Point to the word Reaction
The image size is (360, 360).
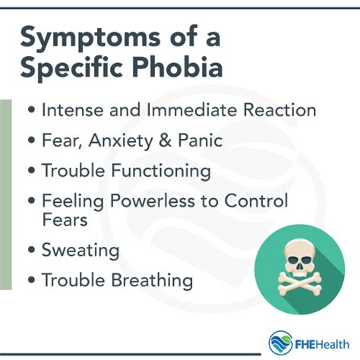coord(279,110)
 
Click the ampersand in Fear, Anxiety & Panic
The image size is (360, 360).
coord(165,141)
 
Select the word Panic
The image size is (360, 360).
coord(201,141)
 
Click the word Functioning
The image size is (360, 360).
coord(161,171)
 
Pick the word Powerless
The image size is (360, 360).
coord(153,201)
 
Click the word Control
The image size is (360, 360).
coord(256,201)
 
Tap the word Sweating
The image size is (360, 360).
coord(81,251)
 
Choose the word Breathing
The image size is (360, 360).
coord(153,280)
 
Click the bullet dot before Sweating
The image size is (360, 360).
coord(31,250)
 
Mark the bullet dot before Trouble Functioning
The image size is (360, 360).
coord(31,170)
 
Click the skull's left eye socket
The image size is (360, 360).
coord(294,260)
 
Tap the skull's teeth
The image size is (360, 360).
coord(300,275)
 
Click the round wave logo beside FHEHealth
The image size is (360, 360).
coord(280,343)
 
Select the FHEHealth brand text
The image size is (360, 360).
coord(322,345)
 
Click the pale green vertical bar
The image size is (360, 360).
coord(6,194)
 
